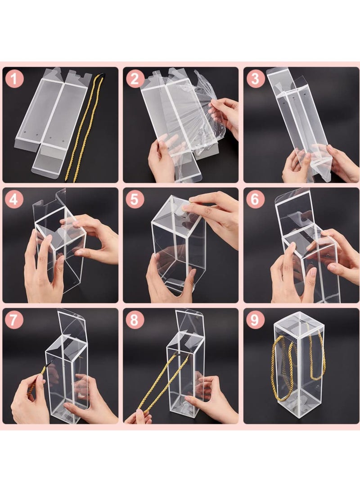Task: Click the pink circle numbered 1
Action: coord(14,80)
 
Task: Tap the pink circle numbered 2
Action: coord(135,80)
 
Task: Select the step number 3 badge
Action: coord(256,80)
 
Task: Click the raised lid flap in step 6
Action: coord(295,212)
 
